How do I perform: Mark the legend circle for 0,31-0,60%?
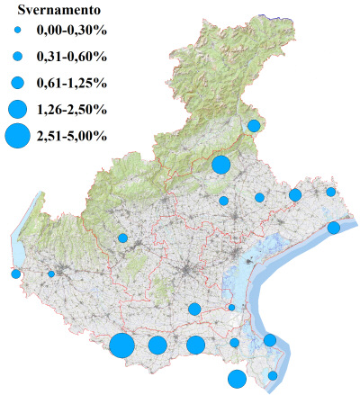17,57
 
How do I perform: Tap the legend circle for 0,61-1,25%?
17,83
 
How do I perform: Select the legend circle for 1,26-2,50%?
17,110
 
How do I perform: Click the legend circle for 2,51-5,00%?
17,136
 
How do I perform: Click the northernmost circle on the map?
254,126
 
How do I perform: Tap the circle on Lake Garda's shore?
15,274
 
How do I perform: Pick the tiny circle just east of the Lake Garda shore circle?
51,274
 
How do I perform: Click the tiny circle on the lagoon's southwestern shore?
231,308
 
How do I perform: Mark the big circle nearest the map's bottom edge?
237,379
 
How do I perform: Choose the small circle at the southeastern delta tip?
273,375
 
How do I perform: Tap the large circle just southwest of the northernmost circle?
220,165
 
